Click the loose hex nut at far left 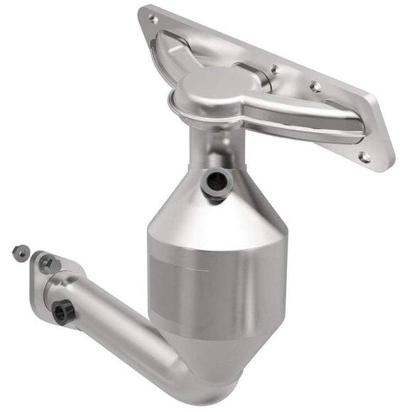pos(21,251)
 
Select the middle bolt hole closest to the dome pos(274,70)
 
